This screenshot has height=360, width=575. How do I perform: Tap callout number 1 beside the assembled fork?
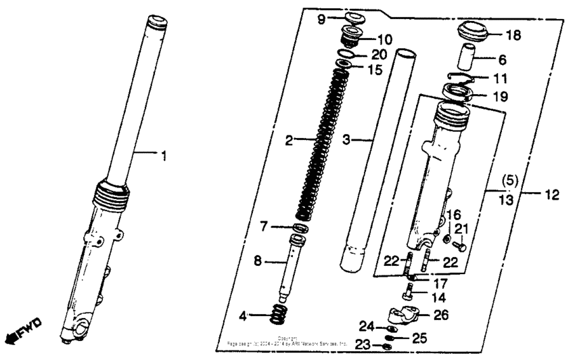(x=162, y=156)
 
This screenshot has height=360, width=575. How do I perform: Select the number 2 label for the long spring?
(x=289, y=141)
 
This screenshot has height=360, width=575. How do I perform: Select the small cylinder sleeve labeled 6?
(x=466, y=58)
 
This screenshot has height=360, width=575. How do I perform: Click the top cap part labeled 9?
(x=354, y=18)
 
